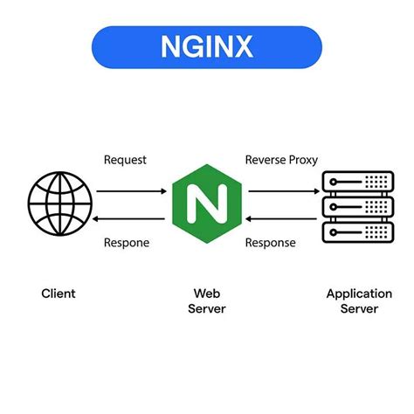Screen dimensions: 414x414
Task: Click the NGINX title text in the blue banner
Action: (x=206, y=45)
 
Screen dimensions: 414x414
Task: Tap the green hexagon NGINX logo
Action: (x=207, y=203)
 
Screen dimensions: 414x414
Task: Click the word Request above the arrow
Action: (x=126, y=160)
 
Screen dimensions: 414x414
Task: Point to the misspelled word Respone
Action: (x=128, y=243)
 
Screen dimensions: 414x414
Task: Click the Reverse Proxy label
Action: (x=281, y=160)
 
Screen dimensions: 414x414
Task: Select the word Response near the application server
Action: (x=271, y=243)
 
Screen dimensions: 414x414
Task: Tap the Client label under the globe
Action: (x=59, y=293)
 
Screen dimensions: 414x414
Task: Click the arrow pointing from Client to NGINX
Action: (x=130, y=190)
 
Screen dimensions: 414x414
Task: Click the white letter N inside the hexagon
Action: (x=207, y=203)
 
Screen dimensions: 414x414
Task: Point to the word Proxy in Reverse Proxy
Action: (x=301, y=160)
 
